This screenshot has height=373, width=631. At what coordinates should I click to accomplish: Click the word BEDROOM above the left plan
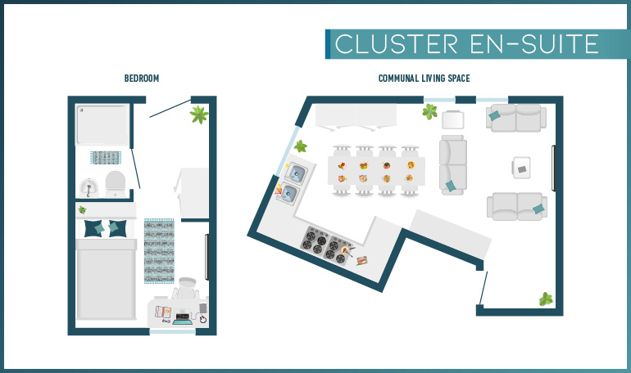[141, 79]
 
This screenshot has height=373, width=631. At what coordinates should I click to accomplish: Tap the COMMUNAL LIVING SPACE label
[424, 79]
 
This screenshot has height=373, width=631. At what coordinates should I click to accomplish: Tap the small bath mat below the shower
[106, 156]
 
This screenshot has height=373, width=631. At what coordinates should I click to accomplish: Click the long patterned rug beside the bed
[161, 250]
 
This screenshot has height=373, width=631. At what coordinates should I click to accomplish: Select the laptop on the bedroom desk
[182, 317]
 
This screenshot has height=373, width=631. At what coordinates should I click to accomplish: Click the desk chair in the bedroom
[186, 290]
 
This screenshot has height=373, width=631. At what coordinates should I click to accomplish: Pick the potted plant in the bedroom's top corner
[197, 115]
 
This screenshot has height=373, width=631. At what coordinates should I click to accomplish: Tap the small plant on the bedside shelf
[82, 211]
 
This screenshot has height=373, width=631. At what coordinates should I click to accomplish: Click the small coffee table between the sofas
[521, 168]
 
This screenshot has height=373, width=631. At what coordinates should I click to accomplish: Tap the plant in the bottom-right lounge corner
[546, 299]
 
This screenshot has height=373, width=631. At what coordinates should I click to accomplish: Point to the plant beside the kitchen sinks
[301, 146]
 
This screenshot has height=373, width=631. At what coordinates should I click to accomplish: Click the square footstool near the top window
[452, 121]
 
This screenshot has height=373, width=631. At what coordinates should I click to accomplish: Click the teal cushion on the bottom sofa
[538, 209]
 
